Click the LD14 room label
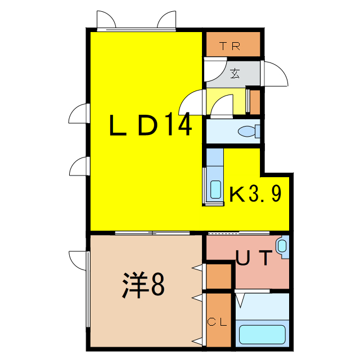150,125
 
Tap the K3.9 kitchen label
255,195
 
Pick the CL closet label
218,322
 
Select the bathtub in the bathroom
262,334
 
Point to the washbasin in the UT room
282,246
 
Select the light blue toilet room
232,132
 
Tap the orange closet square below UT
218,276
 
